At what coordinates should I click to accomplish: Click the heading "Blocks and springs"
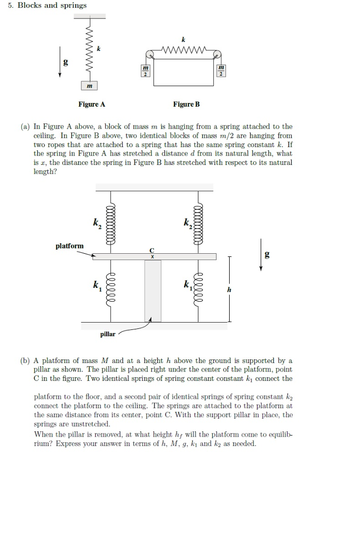tap(52, 5)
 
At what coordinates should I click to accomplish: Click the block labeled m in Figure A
tap(90, 86)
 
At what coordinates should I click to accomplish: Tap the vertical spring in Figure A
tap(90, 50)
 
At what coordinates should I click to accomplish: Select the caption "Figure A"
tap(91, 105)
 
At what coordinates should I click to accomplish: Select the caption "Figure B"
tap(186, 105)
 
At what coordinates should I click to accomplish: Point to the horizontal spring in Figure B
tap(183, 51)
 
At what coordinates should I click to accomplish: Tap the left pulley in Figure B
tap(150, 54)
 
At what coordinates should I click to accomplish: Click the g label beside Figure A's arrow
tap(66, 61)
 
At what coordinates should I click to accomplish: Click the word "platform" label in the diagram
tap(69, 245)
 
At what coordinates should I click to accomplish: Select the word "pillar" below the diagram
tap(107, 334)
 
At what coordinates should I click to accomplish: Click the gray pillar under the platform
tap(153, 290)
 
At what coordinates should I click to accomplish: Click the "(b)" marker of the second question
tap(26, 360)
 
